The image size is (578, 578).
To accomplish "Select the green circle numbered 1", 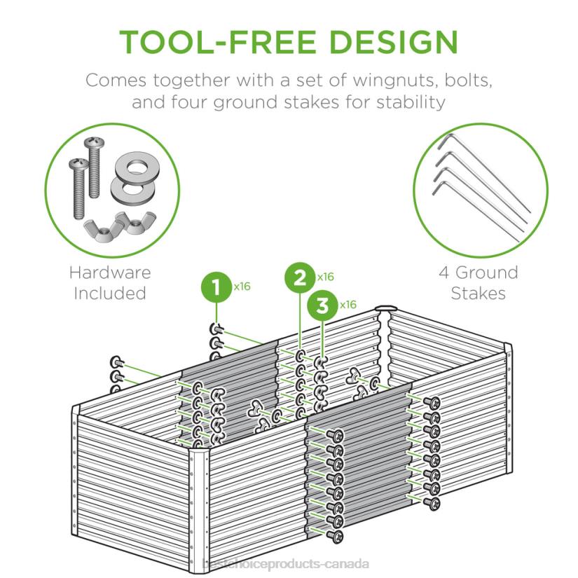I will coord(216,287).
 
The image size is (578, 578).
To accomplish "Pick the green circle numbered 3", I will coord(322,305).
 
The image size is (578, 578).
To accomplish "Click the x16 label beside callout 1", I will coord(242,286).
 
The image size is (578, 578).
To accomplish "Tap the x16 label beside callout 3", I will coord(348,305).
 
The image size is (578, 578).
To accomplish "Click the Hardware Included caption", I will coord(110,283).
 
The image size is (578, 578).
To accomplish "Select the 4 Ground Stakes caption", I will coord(479,283).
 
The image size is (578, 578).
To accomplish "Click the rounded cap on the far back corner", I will coord(385,308).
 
